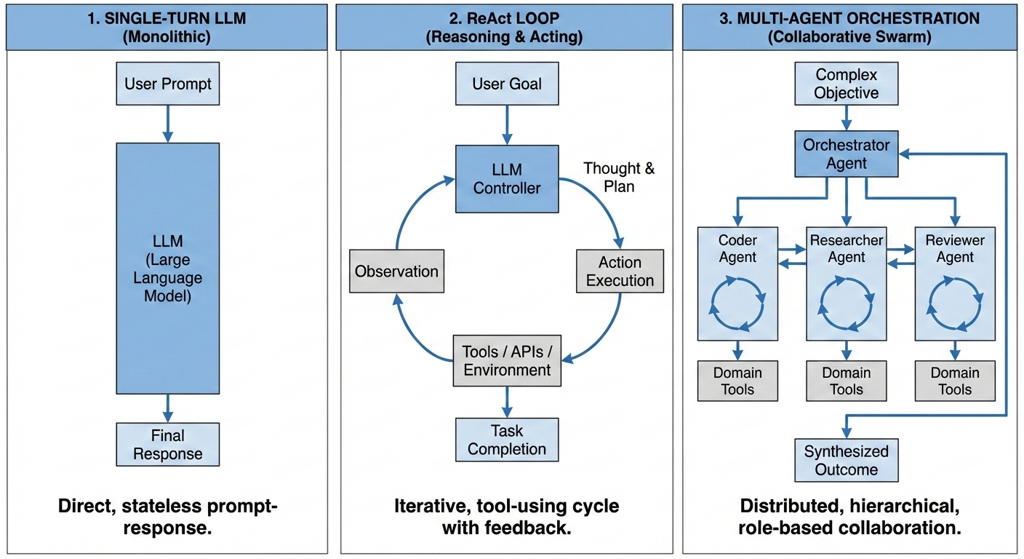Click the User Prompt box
[x=168, y=84]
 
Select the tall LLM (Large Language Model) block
[x=168, y=268]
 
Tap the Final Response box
[x=168, y=445]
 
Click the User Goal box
[x=507, y=84]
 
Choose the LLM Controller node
[x=507, y=178]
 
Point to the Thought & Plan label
[x=619, y=177]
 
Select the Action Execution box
[x=620, y=271]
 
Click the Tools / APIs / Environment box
[x=507, y=360]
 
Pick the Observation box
[x=396, y=271]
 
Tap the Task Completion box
[x=507, y=440]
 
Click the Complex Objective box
[x=846, y=84]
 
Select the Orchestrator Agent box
[x=846, y=154]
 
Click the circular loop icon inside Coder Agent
[x=737, y=304]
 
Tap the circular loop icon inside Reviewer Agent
[x=955, y=304]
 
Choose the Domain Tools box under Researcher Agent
[x=846, y=381]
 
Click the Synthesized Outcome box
[x=846, y=460]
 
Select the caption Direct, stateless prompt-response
[x=168, y=517]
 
